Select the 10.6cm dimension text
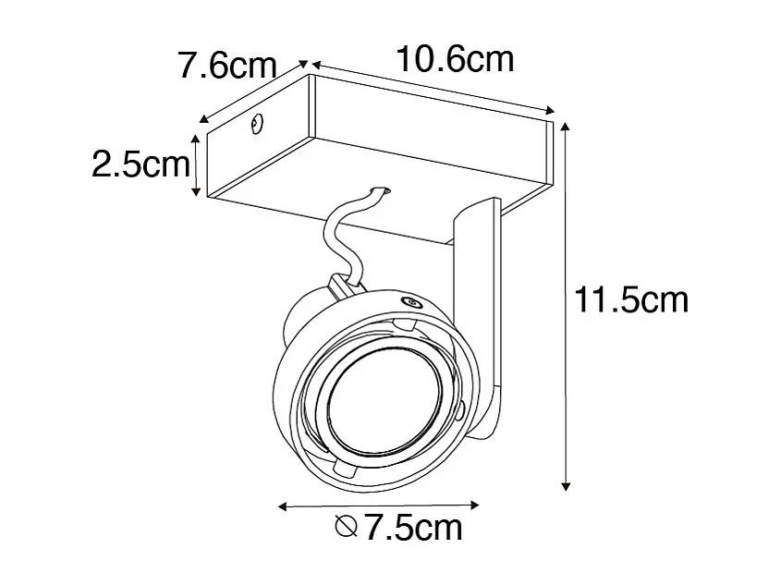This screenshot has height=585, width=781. point(454,60)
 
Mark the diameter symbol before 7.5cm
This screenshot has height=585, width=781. point(347,529)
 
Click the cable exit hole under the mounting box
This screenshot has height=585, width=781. point(381,191)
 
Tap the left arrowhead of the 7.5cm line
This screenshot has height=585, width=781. point(283,506)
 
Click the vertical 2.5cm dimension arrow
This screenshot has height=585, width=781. point(196,164)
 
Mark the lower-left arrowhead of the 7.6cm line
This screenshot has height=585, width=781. point(203,119)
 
